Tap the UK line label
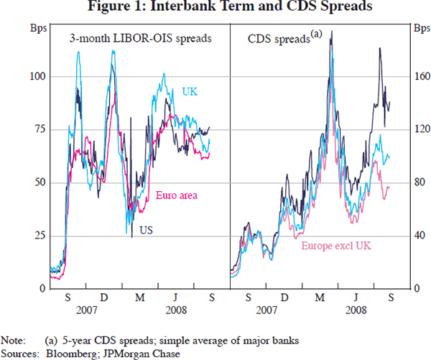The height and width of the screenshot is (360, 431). [190, 91]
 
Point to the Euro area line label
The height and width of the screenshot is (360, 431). [177, 195]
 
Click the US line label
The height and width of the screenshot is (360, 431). [145, 231]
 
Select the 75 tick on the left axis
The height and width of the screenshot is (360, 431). [40, 129]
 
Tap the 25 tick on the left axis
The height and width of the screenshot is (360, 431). [40, 236]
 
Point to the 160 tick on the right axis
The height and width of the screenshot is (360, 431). [421, 76]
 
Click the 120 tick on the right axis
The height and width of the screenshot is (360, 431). [421, 129]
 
